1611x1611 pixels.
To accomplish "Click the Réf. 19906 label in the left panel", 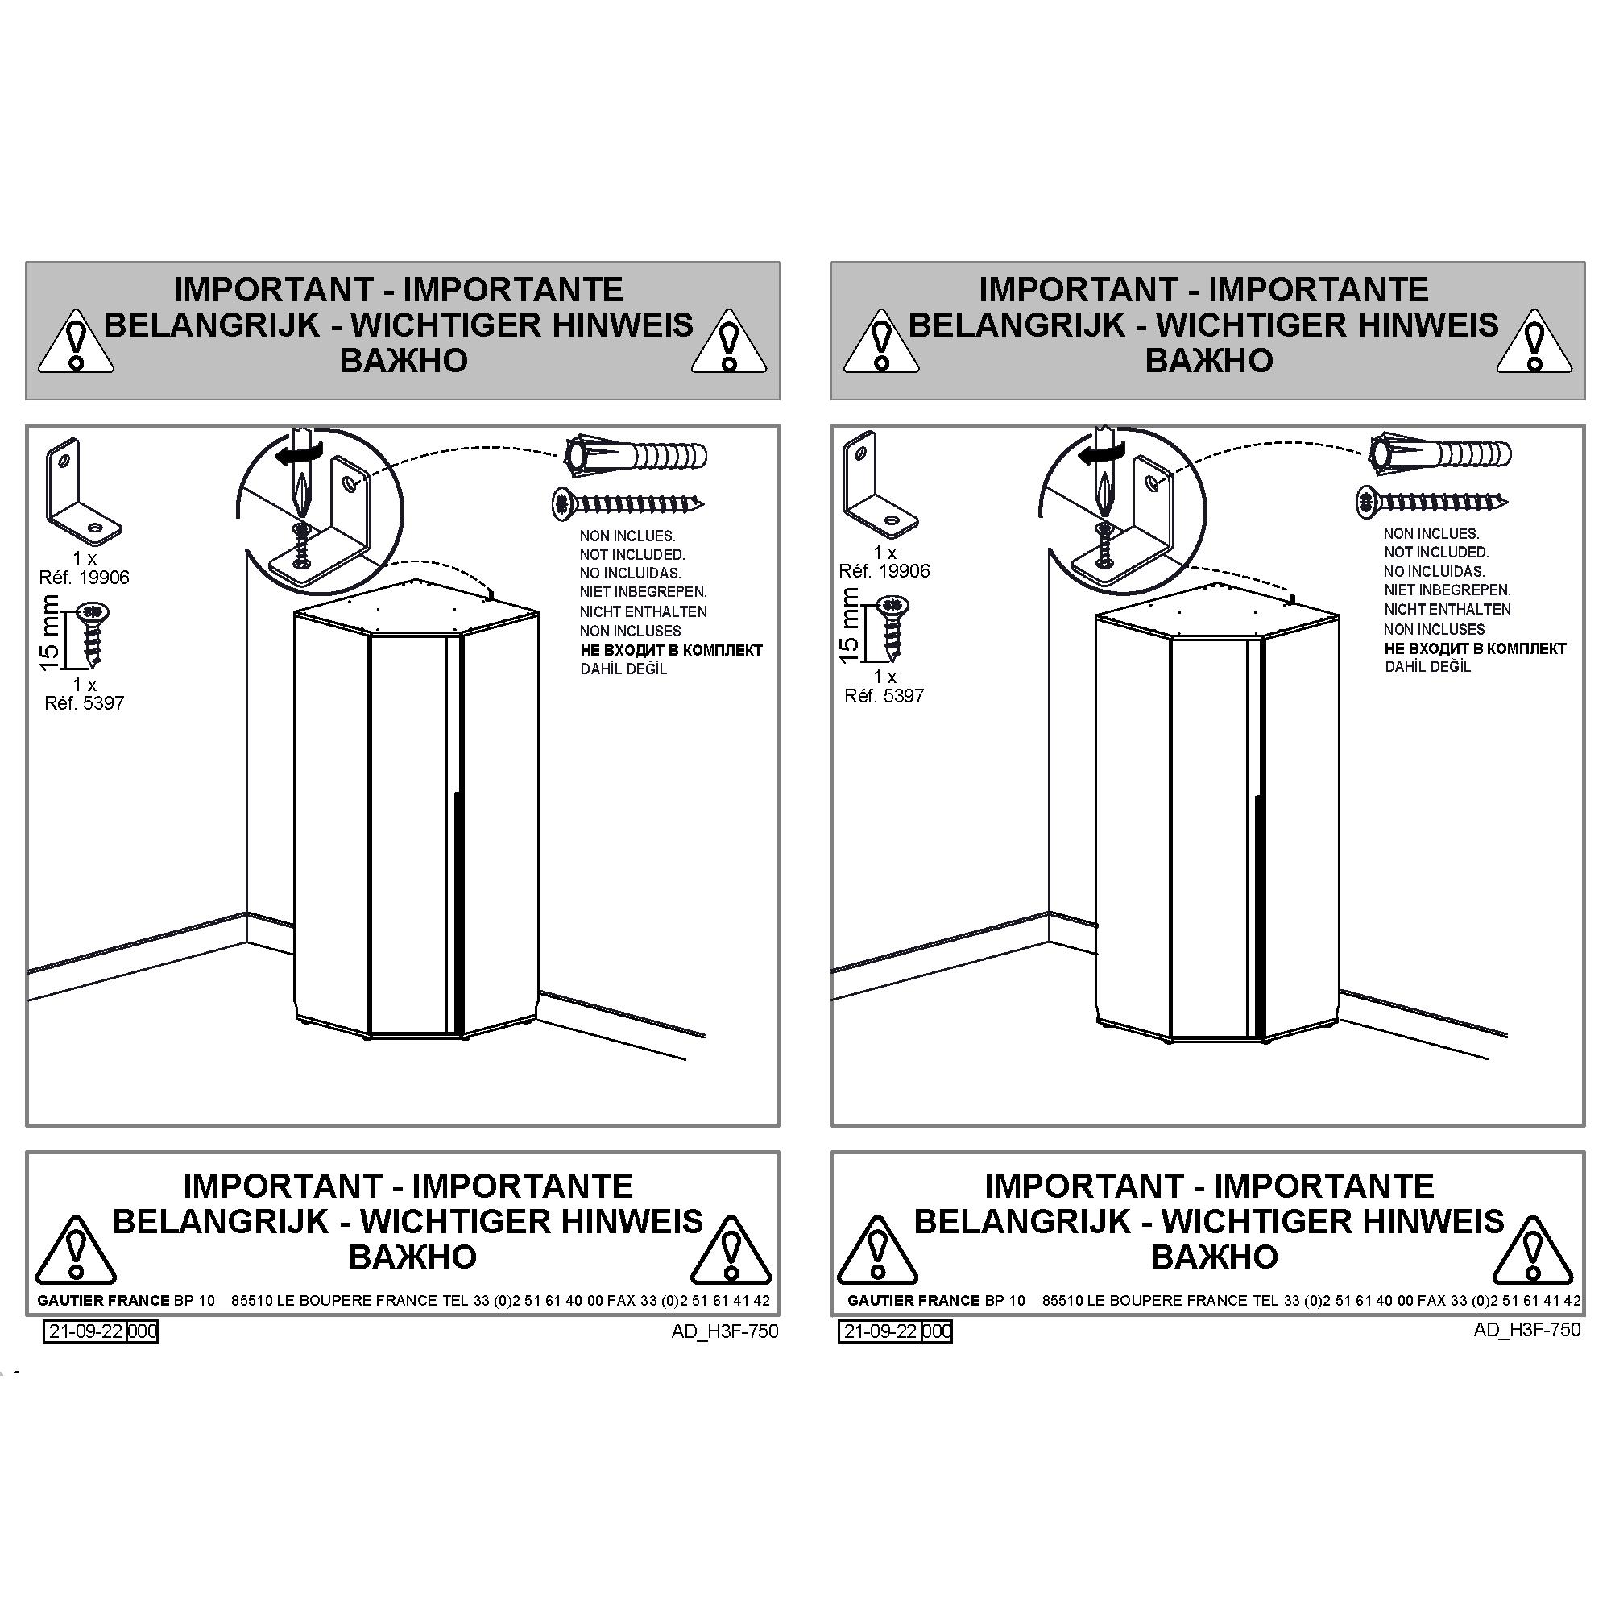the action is pyautogui.click(x=85, y=578).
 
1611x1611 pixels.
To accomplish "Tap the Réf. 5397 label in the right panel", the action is pyautogui.click(x=884, y=695).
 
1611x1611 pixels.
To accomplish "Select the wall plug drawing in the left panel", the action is pyautogui.click(x=636, y=456).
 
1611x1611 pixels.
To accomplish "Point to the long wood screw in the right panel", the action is pyautogui.click(x=1432, y=501).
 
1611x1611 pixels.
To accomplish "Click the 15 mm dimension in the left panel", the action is pyautogui.click(x=50, y=632).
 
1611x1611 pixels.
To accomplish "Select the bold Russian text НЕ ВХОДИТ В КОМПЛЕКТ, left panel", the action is pyautogui.click(x=671, y=650).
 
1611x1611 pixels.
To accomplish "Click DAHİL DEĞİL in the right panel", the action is pyautogui.click(x=1427, y=666).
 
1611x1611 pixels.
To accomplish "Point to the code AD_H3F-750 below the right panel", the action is pyautogui.click(x=1526, y=1329).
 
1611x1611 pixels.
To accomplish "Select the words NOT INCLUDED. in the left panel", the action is pyautogui.click(x=632, y=554).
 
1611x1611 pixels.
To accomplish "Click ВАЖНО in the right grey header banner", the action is pyautogui.click(x=1208, y=360).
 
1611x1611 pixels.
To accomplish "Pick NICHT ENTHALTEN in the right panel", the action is pyautogui.click(x=1447, y=610).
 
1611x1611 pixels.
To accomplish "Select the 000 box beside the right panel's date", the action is pyautogui.click(x=937, y=1331).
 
